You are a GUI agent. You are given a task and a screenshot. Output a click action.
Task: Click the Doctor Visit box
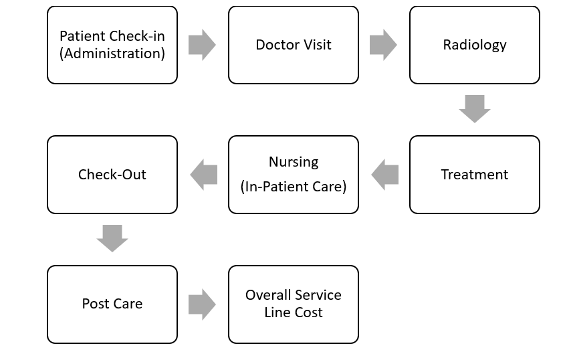(x=293, y=46)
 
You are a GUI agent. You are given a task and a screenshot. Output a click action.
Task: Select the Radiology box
(x=474, y=46)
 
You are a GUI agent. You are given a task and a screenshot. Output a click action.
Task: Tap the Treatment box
(x=474, y=175)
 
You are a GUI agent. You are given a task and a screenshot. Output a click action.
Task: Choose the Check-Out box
(x=112, y=175)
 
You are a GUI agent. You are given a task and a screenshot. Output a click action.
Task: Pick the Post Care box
(x=112, y=304)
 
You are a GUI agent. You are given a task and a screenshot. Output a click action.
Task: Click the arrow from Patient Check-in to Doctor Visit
(x=202, y=46)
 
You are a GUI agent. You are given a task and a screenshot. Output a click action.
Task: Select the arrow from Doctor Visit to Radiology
(x=383, y=46)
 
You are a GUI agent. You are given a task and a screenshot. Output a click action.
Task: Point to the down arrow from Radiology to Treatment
(x=475, y=108)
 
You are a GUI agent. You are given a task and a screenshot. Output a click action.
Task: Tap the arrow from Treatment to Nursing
(x=384, y=175)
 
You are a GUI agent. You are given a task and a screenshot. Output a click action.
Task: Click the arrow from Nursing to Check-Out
(x=203, y=175)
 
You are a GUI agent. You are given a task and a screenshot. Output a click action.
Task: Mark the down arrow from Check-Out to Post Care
(x=112, y=238)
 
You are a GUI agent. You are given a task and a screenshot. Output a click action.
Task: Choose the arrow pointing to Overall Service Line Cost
(x=202, y=304)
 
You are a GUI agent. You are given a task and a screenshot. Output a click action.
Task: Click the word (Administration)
(x=112, y=54)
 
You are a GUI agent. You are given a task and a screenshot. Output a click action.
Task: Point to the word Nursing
(x=294, y=163)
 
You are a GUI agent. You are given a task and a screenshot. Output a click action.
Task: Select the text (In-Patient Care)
(x=294, y=187)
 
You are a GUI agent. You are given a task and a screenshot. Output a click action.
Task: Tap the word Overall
(x=269, y=295)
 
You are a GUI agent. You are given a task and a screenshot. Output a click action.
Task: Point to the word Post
(x=94, y=304)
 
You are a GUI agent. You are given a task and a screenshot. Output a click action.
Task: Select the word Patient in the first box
(x=82, y=36)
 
